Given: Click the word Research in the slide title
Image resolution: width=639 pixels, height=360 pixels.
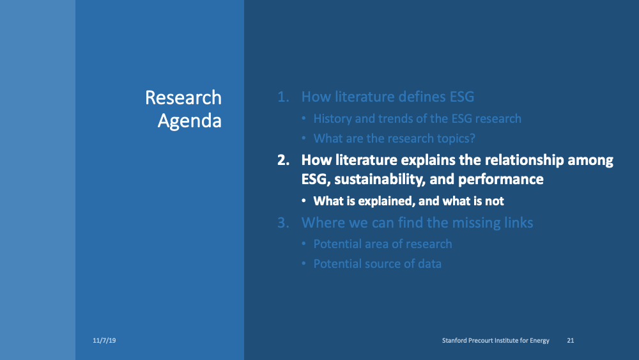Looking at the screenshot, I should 183,98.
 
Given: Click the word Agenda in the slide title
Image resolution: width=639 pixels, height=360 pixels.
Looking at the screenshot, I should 189,121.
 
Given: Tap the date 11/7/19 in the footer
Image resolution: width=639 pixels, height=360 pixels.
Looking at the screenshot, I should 104,341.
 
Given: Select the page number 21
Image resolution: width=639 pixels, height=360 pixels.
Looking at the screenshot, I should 571,341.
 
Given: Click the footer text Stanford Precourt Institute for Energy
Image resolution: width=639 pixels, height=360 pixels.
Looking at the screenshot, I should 495,341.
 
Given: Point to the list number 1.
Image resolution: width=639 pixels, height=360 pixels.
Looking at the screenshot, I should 282,97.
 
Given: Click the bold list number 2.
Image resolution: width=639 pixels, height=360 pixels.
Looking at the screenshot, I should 282,160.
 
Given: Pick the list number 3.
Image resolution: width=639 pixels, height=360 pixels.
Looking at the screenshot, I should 282,223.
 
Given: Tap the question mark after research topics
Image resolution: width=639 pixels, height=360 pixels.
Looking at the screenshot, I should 472,138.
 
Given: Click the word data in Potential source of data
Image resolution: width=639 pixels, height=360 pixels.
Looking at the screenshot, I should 429,263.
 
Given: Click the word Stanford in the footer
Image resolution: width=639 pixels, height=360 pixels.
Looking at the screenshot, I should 456,341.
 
